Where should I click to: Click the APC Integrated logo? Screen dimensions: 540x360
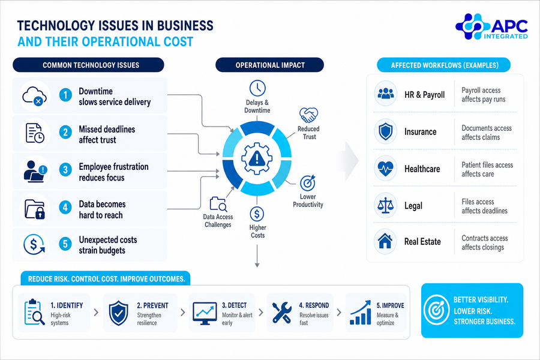491,26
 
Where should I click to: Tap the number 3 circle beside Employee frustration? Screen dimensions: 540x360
65,169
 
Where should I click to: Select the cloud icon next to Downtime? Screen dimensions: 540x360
34,96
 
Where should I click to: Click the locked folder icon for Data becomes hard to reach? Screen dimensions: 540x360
35,209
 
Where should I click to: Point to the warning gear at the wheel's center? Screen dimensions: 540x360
257,159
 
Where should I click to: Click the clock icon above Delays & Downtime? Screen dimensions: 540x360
257,88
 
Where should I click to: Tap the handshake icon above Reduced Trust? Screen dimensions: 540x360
308,115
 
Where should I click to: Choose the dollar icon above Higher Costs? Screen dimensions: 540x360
257,214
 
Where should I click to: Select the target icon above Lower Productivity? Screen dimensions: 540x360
308,183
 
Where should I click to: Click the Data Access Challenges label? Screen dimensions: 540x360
218,221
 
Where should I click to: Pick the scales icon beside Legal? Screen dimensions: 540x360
385,205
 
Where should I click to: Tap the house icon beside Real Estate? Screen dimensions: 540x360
385,241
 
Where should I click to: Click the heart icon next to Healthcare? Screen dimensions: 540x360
385,169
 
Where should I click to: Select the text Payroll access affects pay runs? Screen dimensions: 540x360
484,95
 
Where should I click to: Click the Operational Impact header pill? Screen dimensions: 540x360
269,65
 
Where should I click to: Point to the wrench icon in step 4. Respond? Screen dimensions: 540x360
282,313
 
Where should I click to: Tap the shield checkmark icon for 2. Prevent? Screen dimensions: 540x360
118,313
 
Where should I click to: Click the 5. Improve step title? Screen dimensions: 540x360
390,305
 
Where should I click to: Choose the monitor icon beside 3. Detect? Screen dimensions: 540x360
205,313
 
